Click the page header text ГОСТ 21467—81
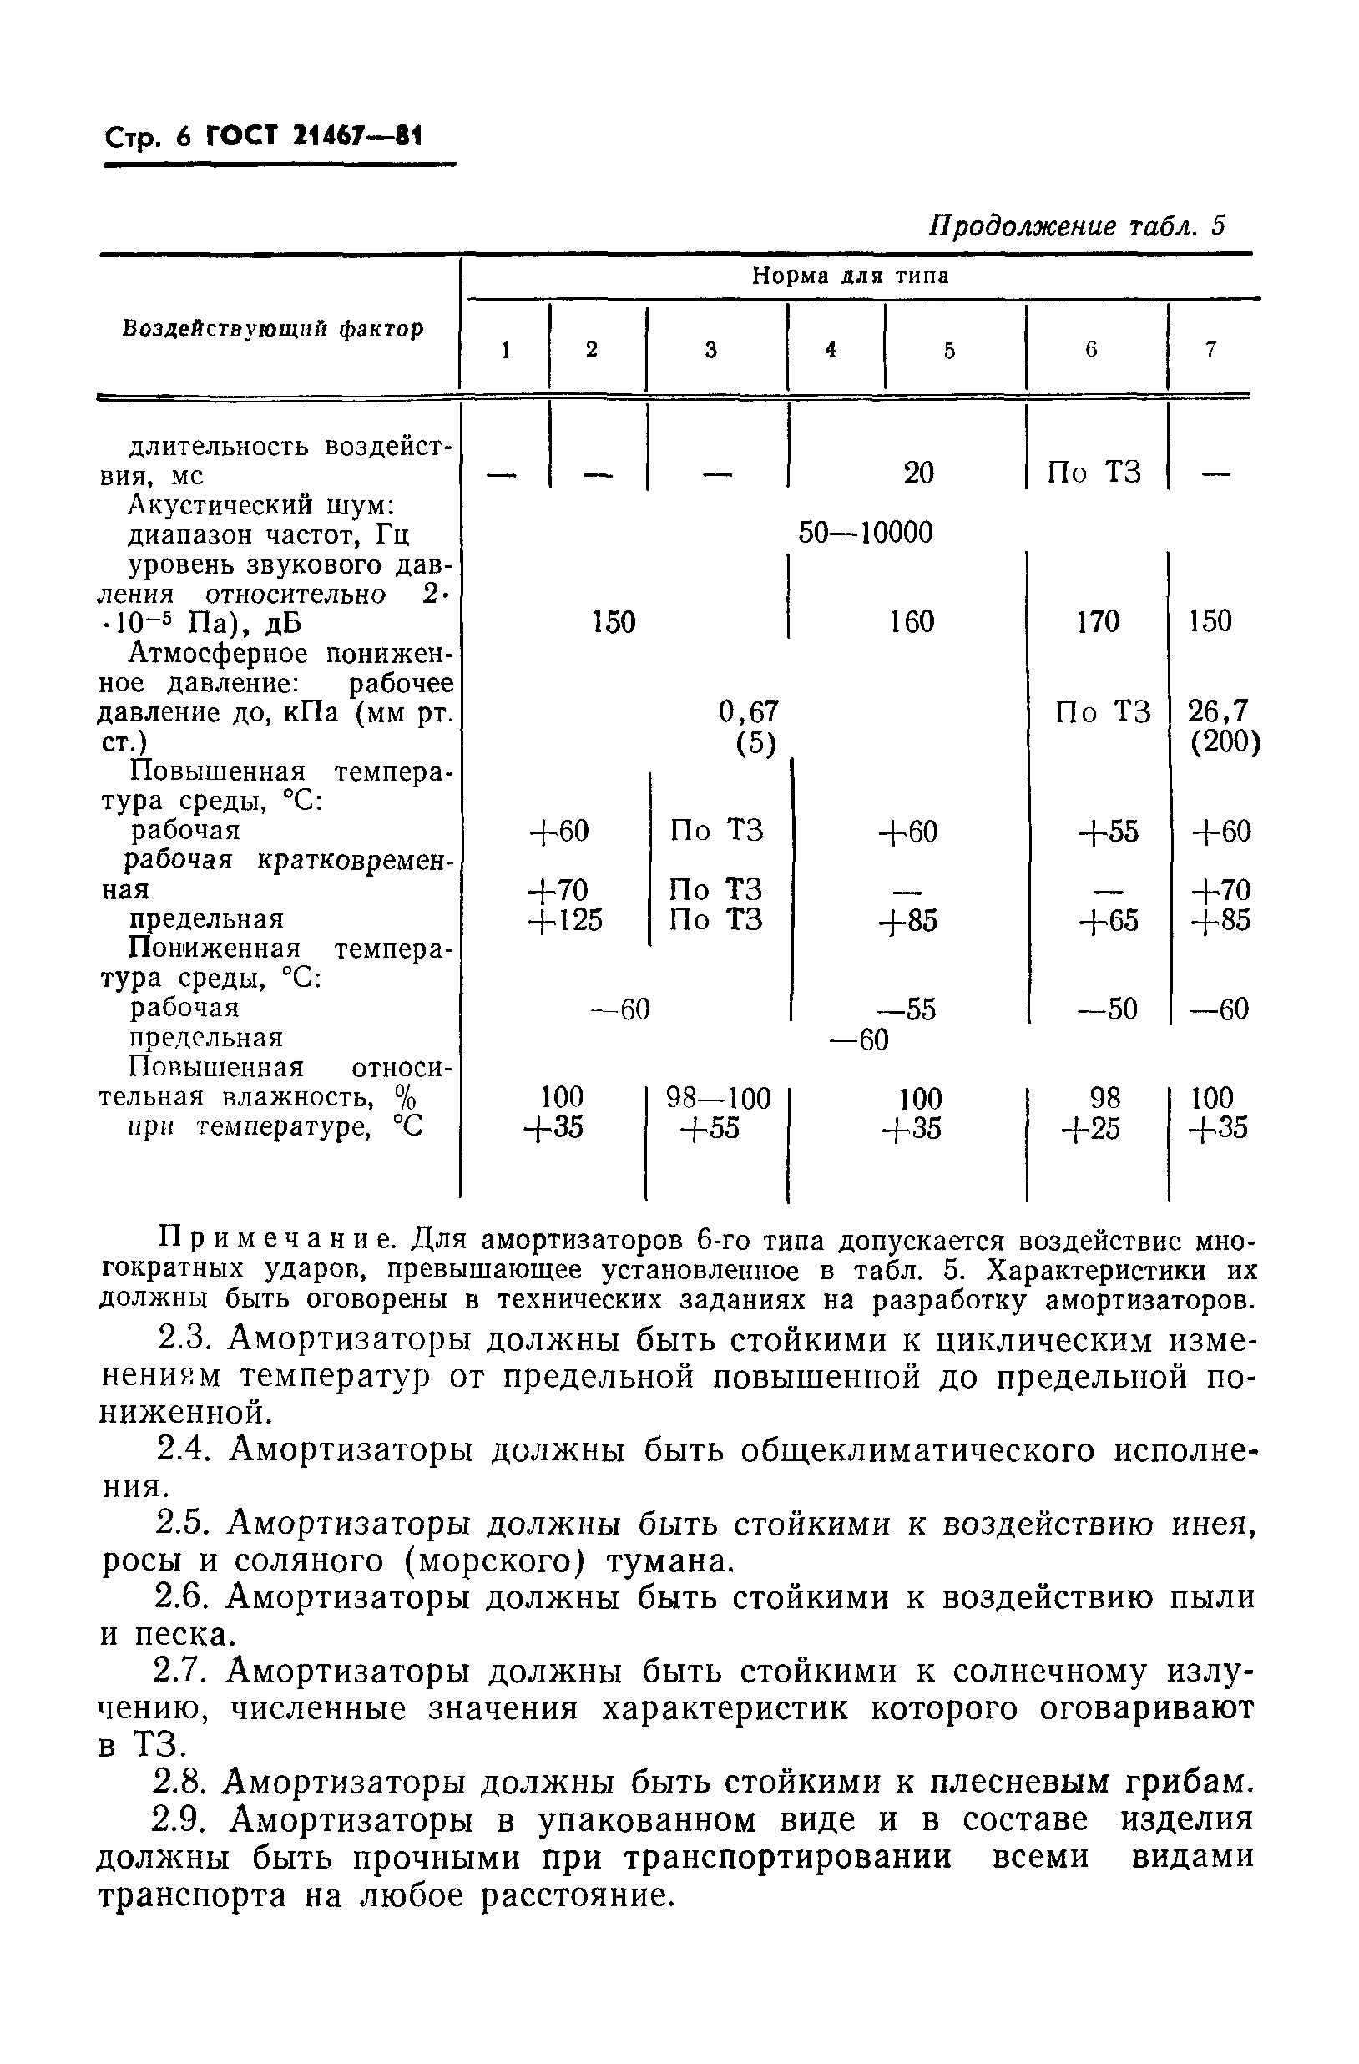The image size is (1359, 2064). click(312, 137)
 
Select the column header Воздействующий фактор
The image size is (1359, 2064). click(273, 329)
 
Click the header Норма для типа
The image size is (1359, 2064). click(850, 276)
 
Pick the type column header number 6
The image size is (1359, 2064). click(1091, 350)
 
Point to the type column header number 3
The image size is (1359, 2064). click(711, 350)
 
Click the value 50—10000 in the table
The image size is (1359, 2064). click(865, 533)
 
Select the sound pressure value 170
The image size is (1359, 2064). click(1097, 622)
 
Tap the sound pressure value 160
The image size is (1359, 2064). click(912, 622)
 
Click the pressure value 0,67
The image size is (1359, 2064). click(749, 712)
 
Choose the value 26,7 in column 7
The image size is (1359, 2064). click(1218, 712)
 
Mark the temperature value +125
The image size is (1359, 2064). click(564, 920)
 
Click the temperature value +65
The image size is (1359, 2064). click(1109, 920)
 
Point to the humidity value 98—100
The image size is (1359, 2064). click(718, 1099)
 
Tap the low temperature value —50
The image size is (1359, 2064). click(1107, 1009)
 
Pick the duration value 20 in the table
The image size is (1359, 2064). click(918, 473)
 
